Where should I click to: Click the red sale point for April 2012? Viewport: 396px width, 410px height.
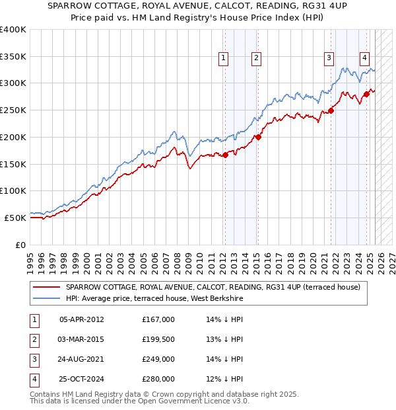225,155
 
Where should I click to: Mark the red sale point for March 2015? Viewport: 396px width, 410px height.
259,138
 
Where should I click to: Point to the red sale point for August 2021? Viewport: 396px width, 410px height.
331,110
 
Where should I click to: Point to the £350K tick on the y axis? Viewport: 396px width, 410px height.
13,56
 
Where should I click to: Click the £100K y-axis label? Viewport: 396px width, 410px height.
13,191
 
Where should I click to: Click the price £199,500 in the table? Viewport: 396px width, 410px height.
158,339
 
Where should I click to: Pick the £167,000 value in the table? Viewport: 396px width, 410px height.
158,319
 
